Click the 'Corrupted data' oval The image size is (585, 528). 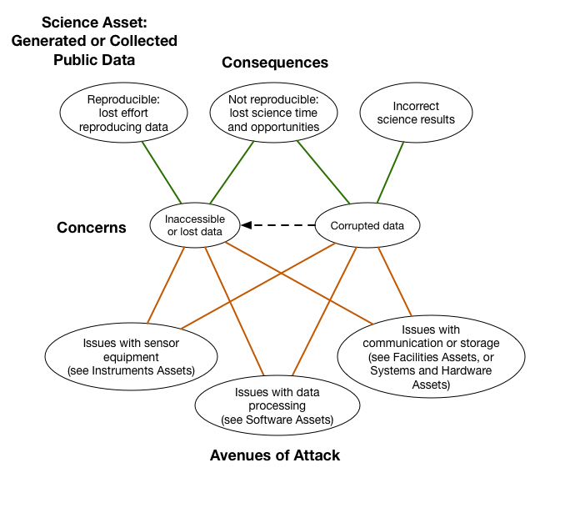(367, 225)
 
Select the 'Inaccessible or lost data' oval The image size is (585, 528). (194, 225)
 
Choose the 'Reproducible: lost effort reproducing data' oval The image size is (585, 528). (127, 114)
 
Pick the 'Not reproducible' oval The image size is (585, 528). (273, 114)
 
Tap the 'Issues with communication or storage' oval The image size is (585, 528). (431, 357)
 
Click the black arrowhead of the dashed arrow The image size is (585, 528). (247, 224)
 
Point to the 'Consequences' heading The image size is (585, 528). (274, 63)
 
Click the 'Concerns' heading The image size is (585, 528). (92, 228)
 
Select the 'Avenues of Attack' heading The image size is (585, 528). (274, 455)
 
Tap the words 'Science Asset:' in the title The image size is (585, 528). (94, 23)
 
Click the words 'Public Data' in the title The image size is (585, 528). (94, 59)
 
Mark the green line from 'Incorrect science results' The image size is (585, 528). (391, 171)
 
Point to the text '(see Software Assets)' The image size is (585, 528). (277, 420)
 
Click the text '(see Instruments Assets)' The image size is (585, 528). (131, 370)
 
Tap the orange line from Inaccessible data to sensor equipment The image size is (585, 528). (167, 284)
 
